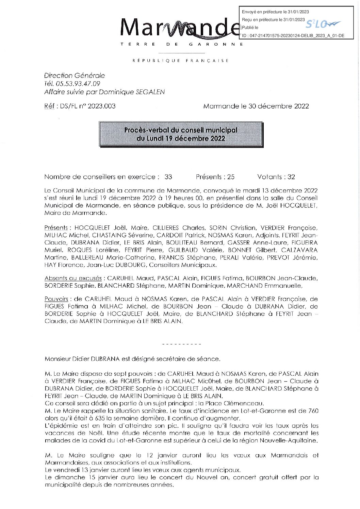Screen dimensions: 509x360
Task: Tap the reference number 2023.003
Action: point(101,106)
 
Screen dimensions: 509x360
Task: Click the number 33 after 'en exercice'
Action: point(168,177)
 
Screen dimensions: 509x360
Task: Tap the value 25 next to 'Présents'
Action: point(231,177)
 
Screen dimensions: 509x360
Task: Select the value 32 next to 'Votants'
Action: point(291,177)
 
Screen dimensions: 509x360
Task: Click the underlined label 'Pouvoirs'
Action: point(56,299)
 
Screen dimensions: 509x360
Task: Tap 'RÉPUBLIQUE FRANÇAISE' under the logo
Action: point(180,61)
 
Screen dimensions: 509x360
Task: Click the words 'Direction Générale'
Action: point(74,75)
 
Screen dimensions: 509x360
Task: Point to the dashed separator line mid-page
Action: point(182,344)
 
